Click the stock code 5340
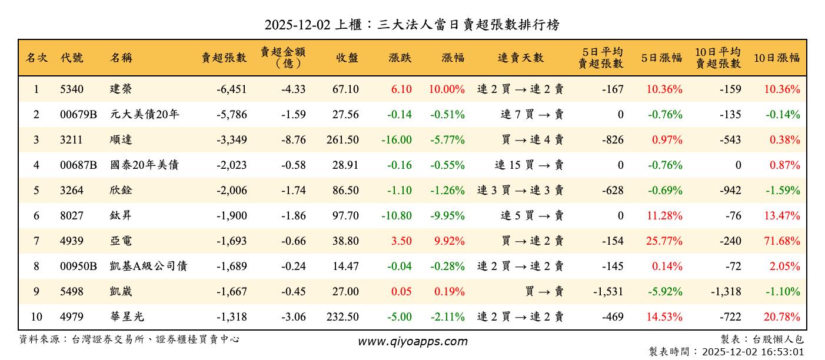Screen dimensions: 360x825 (72, 89)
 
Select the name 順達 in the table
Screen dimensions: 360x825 (121, 140)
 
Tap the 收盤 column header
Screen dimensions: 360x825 (347, 58)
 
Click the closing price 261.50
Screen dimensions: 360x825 (342, 140)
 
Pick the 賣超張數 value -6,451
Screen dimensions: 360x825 (231, 89)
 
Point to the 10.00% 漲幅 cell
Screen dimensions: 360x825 (447, 89)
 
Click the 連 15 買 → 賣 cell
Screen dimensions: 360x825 (529, 165)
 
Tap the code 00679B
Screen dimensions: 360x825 (78, 115)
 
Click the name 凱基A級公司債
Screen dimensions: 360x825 (148, 266)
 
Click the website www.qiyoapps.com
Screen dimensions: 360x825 (412, 341)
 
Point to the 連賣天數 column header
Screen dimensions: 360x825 (521, 58)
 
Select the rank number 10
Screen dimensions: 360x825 (36, 317)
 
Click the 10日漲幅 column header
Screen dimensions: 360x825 (776, 58)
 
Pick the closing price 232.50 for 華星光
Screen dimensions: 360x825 (342, 317)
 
